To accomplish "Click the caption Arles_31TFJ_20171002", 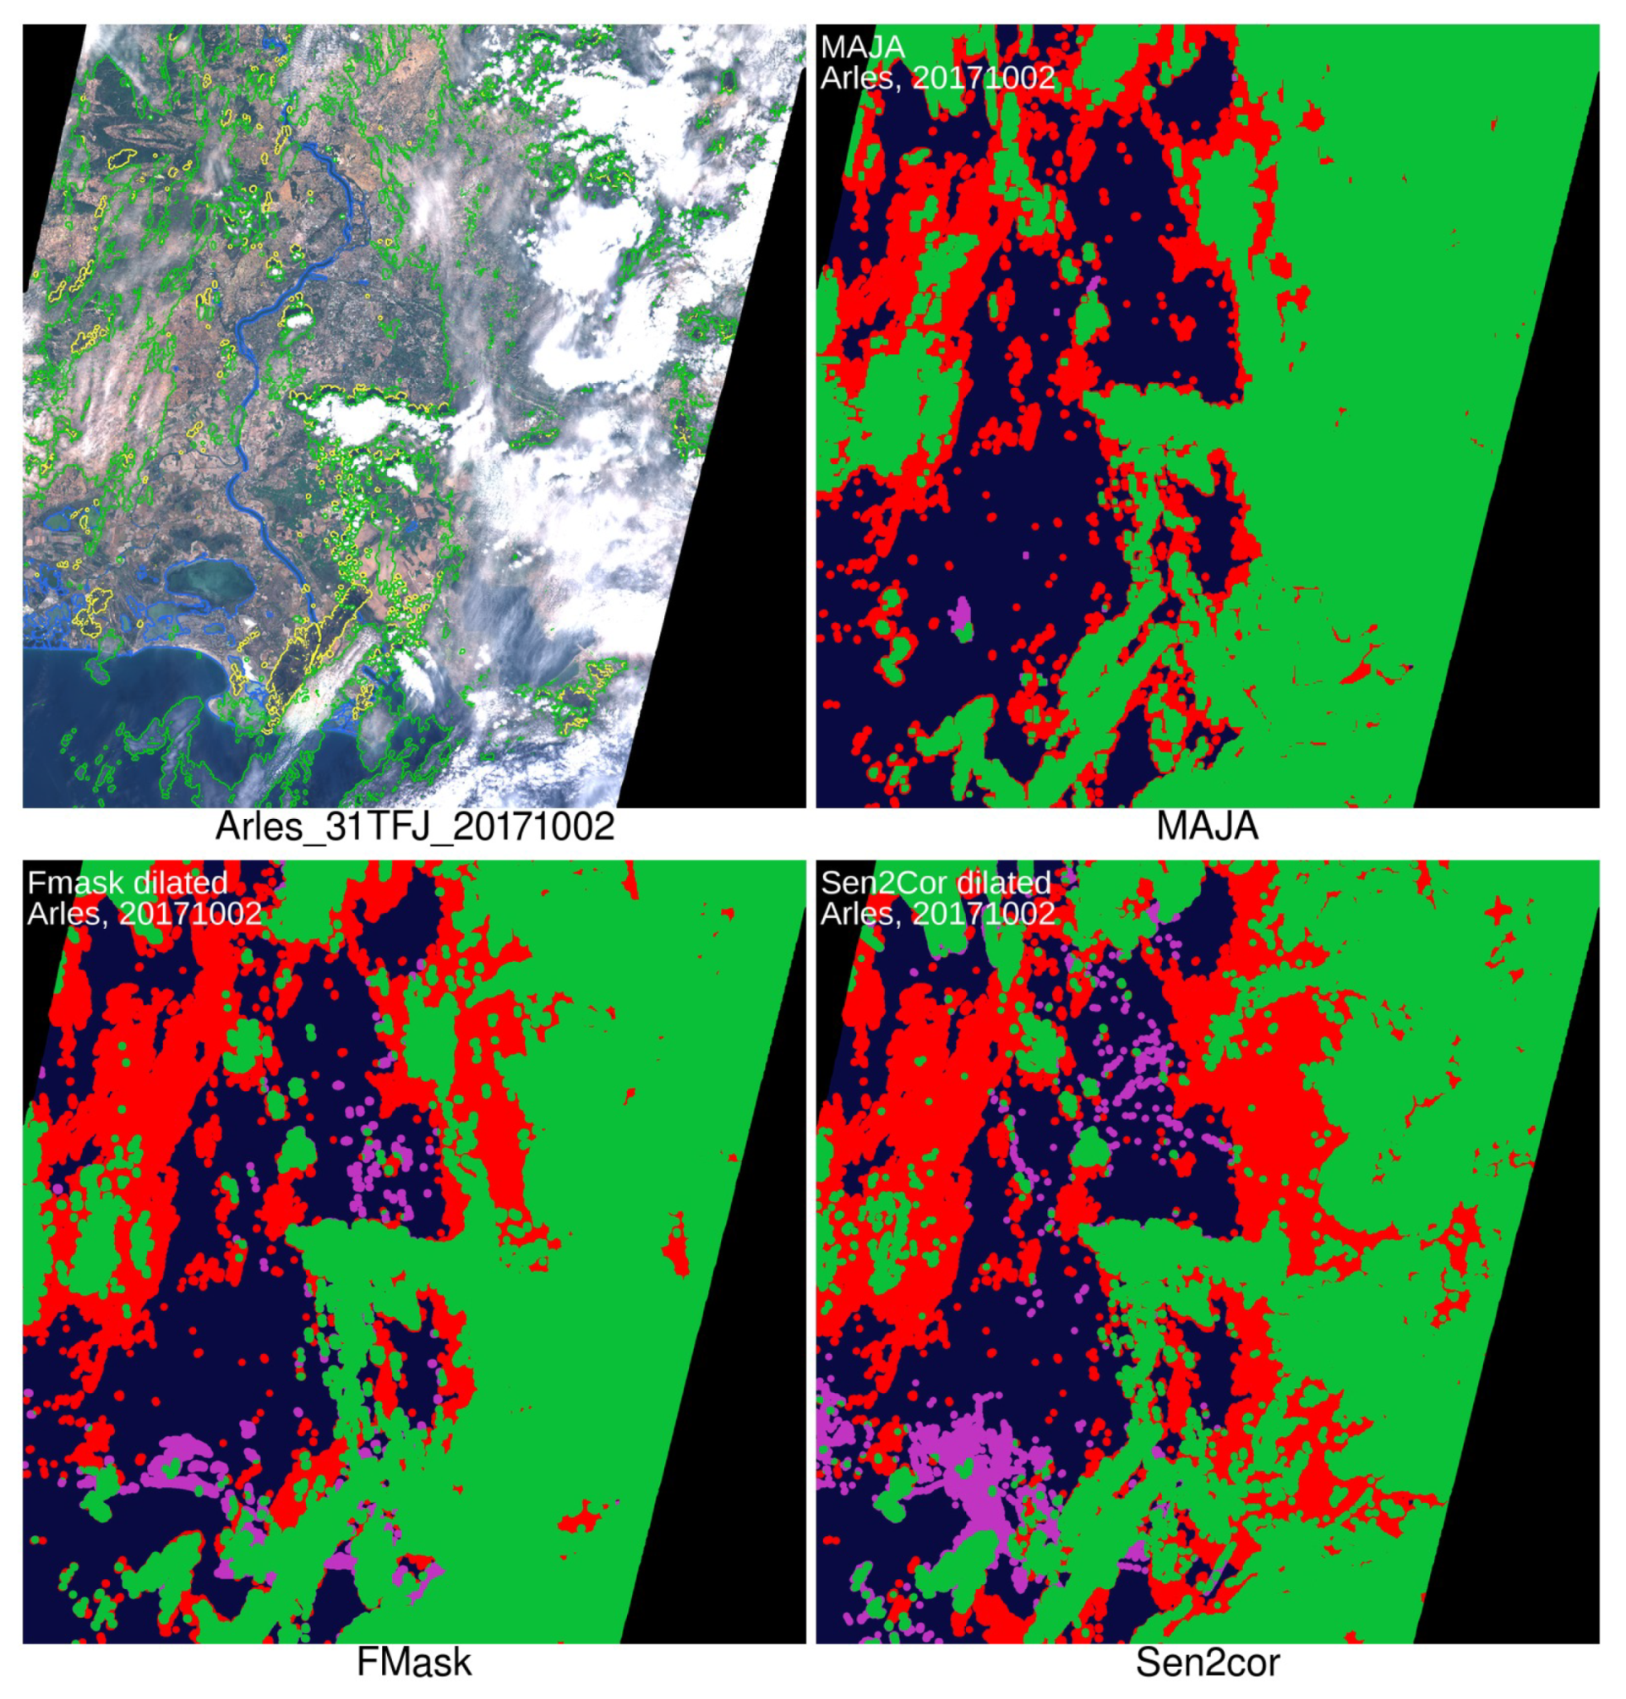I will (414, 826).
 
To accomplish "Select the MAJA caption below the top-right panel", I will (1207, 826).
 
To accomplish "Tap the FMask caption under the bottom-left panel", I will (414, 1663).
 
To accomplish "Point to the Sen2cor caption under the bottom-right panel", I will (1207, 1663).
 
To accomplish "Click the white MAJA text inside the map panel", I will (862, 46).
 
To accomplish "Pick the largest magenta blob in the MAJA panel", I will (960, 614).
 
